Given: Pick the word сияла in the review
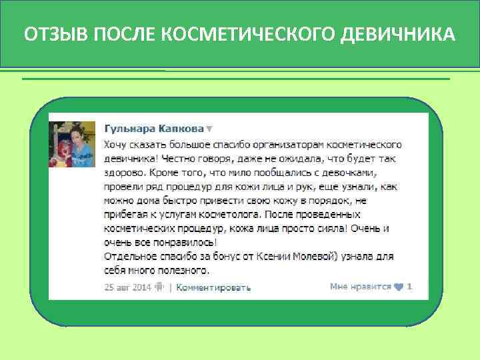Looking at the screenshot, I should (x=329, y=229).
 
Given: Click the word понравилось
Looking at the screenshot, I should (x=180, y=243).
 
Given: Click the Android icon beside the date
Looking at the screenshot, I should (x=159, y=287).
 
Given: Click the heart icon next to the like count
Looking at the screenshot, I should (x=399, y=287).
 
